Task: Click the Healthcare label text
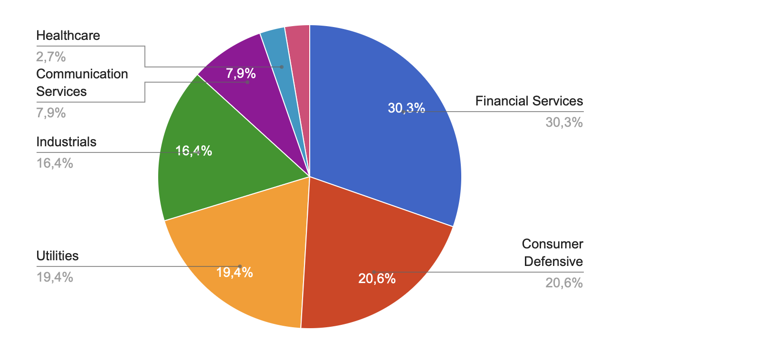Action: [68, 36]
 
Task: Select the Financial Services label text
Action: [529, 101]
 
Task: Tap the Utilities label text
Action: [57, 256]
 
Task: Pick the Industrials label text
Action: [66, 142]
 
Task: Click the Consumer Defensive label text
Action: [552, 253]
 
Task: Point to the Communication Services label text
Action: [82, 83]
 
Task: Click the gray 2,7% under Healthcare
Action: [51, 57]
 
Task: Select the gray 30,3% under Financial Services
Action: [564, 123]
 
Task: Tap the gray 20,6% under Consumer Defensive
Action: [564, 283]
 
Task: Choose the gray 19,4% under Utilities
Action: [55, 277]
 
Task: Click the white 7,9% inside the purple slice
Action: [241, 74]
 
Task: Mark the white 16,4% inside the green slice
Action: [194, 151]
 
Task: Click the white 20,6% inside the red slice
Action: [377, 279]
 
